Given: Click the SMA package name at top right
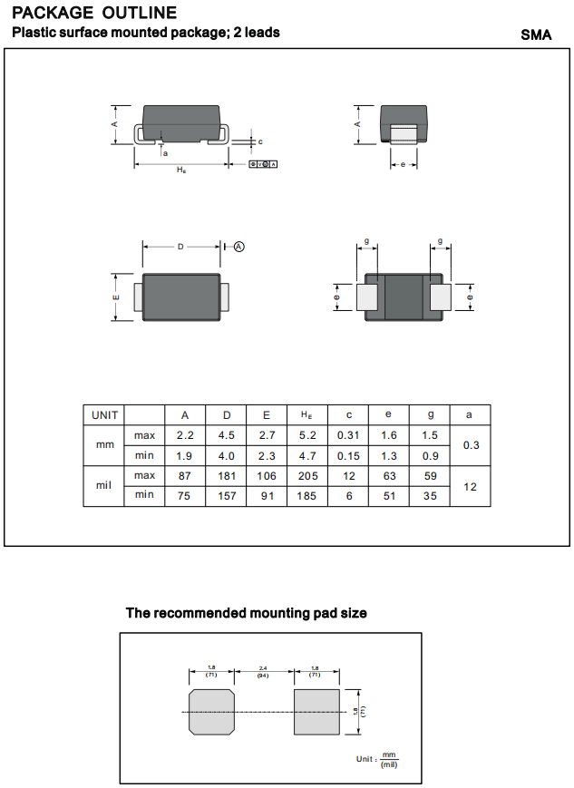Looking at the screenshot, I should click(x=536, y=34).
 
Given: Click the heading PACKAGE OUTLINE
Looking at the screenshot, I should click(x=94, y=13).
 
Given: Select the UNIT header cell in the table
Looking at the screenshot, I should click(x=104, y=415).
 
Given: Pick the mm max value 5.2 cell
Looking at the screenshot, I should click(x=307, y=436).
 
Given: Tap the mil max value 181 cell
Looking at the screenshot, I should click(x=227, y=476).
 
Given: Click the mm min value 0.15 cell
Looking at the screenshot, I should click(x=348, y=455).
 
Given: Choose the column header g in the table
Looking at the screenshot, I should click(x=430, y=415).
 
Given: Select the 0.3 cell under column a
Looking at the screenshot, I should click(x=471, y=445).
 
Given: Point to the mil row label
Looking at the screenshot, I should click(x=104, y=485).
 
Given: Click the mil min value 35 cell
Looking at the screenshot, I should click(x=430, y=496).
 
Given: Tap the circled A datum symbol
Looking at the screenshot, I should click(x=239, y=247).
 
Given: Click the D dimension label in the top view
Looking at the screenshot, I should click(x=180, y=247).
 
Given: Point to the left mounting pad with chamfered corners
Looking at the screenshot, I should click(x=211, y=711).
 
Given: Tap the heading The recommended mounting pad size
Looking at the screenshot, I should click(x=246, y=613).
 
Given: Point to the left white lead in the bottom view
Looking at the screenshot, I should click(x=367, y=297).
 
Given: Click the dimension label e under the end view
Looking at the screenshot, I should click(x=403, y=164).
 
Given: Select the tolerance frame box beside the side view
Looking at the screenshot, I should click(x=262, y=164).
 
